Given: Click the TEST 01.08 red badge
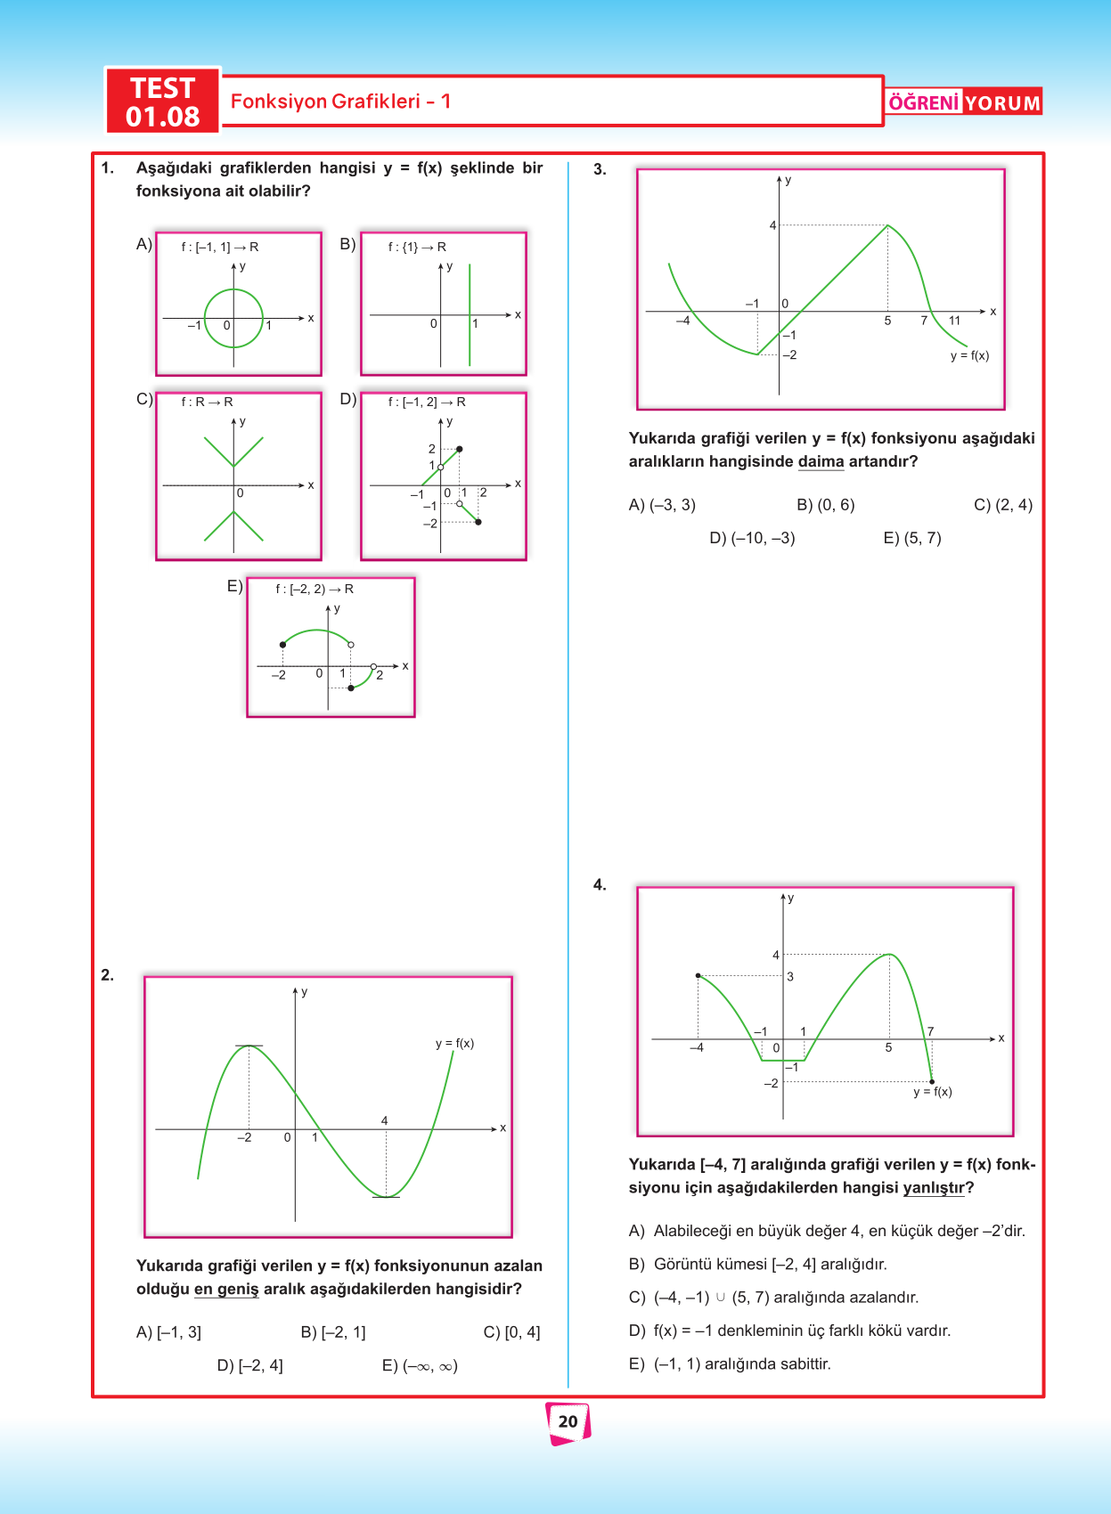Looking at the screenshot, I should tap(162, 102).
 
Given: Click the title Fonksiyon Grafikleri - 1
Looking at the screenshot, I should tap(340, 102).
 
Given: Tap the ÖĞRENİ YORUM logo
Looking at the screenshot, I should tap(964, 102).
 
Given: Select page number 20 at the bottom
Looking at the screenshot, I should tap(568, 1421).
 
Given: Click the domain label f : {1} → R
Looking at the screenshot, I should tap(417, 247).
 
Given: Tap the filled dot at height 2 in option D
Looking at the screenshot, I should tap(459, 449).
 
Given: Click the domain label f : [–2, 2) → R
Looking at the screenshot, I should tap(315, 589).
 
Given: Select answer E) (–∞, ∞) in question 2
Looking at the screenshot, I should tap(420, 1365).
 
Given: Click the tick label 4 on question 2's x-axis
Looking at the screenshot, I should tap(385, 1120).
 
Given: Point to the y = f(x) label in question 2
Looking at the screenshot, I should tap(454, 1043).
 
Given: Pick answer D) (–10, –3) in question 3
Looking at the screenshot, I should tap(752, 538).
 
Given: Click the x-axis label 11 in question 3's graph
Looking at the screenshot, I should tap(954, 321).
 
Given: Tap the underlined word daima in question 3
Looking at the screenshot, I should tap(821, 461).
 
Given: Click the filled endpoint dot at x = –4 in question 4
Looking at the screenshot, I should tap(698, 976).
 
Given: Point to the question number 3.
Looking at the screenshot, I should tap(600, 169).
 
